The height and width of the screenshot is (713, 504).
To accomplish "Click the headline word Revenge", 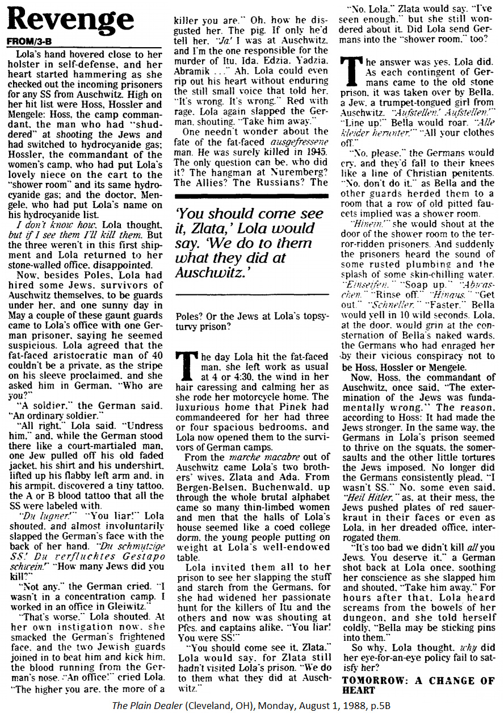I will tap(71, 21).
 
